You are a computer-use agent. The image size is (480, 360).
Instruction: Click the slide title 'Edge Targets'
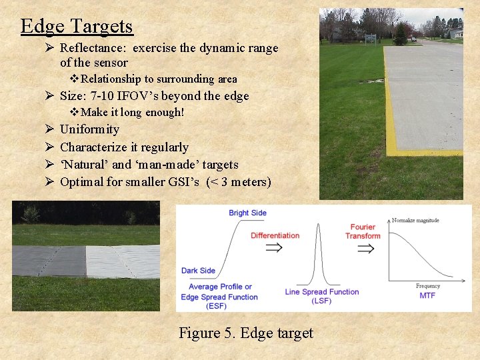[x=77, y=26]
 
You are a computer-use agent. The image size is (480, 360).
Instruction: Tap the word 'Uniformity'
[x=89, y=129]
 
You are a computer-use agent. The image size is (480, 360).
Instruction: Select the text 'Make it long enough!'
[x=132, y=112]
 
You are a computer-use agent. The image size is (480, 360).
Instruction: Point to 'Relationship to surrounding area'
[x=158, y=79]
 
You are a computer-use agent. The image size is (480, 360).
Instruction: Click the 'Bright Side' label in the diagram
[x=247, y=213]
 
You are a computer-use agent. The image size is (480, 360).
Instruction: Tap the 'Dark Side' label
[x=198, y=271]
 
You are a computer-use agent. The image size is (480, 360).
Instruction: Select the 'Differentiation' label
[x=275, y=235]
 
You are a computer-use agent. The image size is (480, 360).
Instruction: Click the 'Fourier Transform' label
[x=363, y=231]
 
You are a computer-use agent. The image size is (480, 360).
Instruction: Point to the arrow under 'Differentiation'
[x=274, y=247]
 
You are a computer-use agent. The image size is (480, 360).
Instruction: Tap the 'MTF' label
[x=427, y=295]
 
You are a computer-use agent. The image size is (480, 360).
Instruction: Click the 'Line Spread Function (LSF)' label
[x=321, y=296]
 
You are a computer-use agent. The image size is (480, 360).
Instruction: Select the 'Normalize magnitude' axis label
[x=415, y=221]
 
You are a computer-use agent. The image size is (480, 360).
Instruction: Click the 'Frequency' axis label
[x=427, y=286]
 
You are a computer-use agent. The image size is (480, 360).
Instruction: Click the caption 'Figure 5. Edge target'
[x=246, y=333]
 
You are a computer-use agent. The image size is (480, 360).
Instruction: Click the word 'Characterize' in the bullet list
[x=95, y=147]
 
